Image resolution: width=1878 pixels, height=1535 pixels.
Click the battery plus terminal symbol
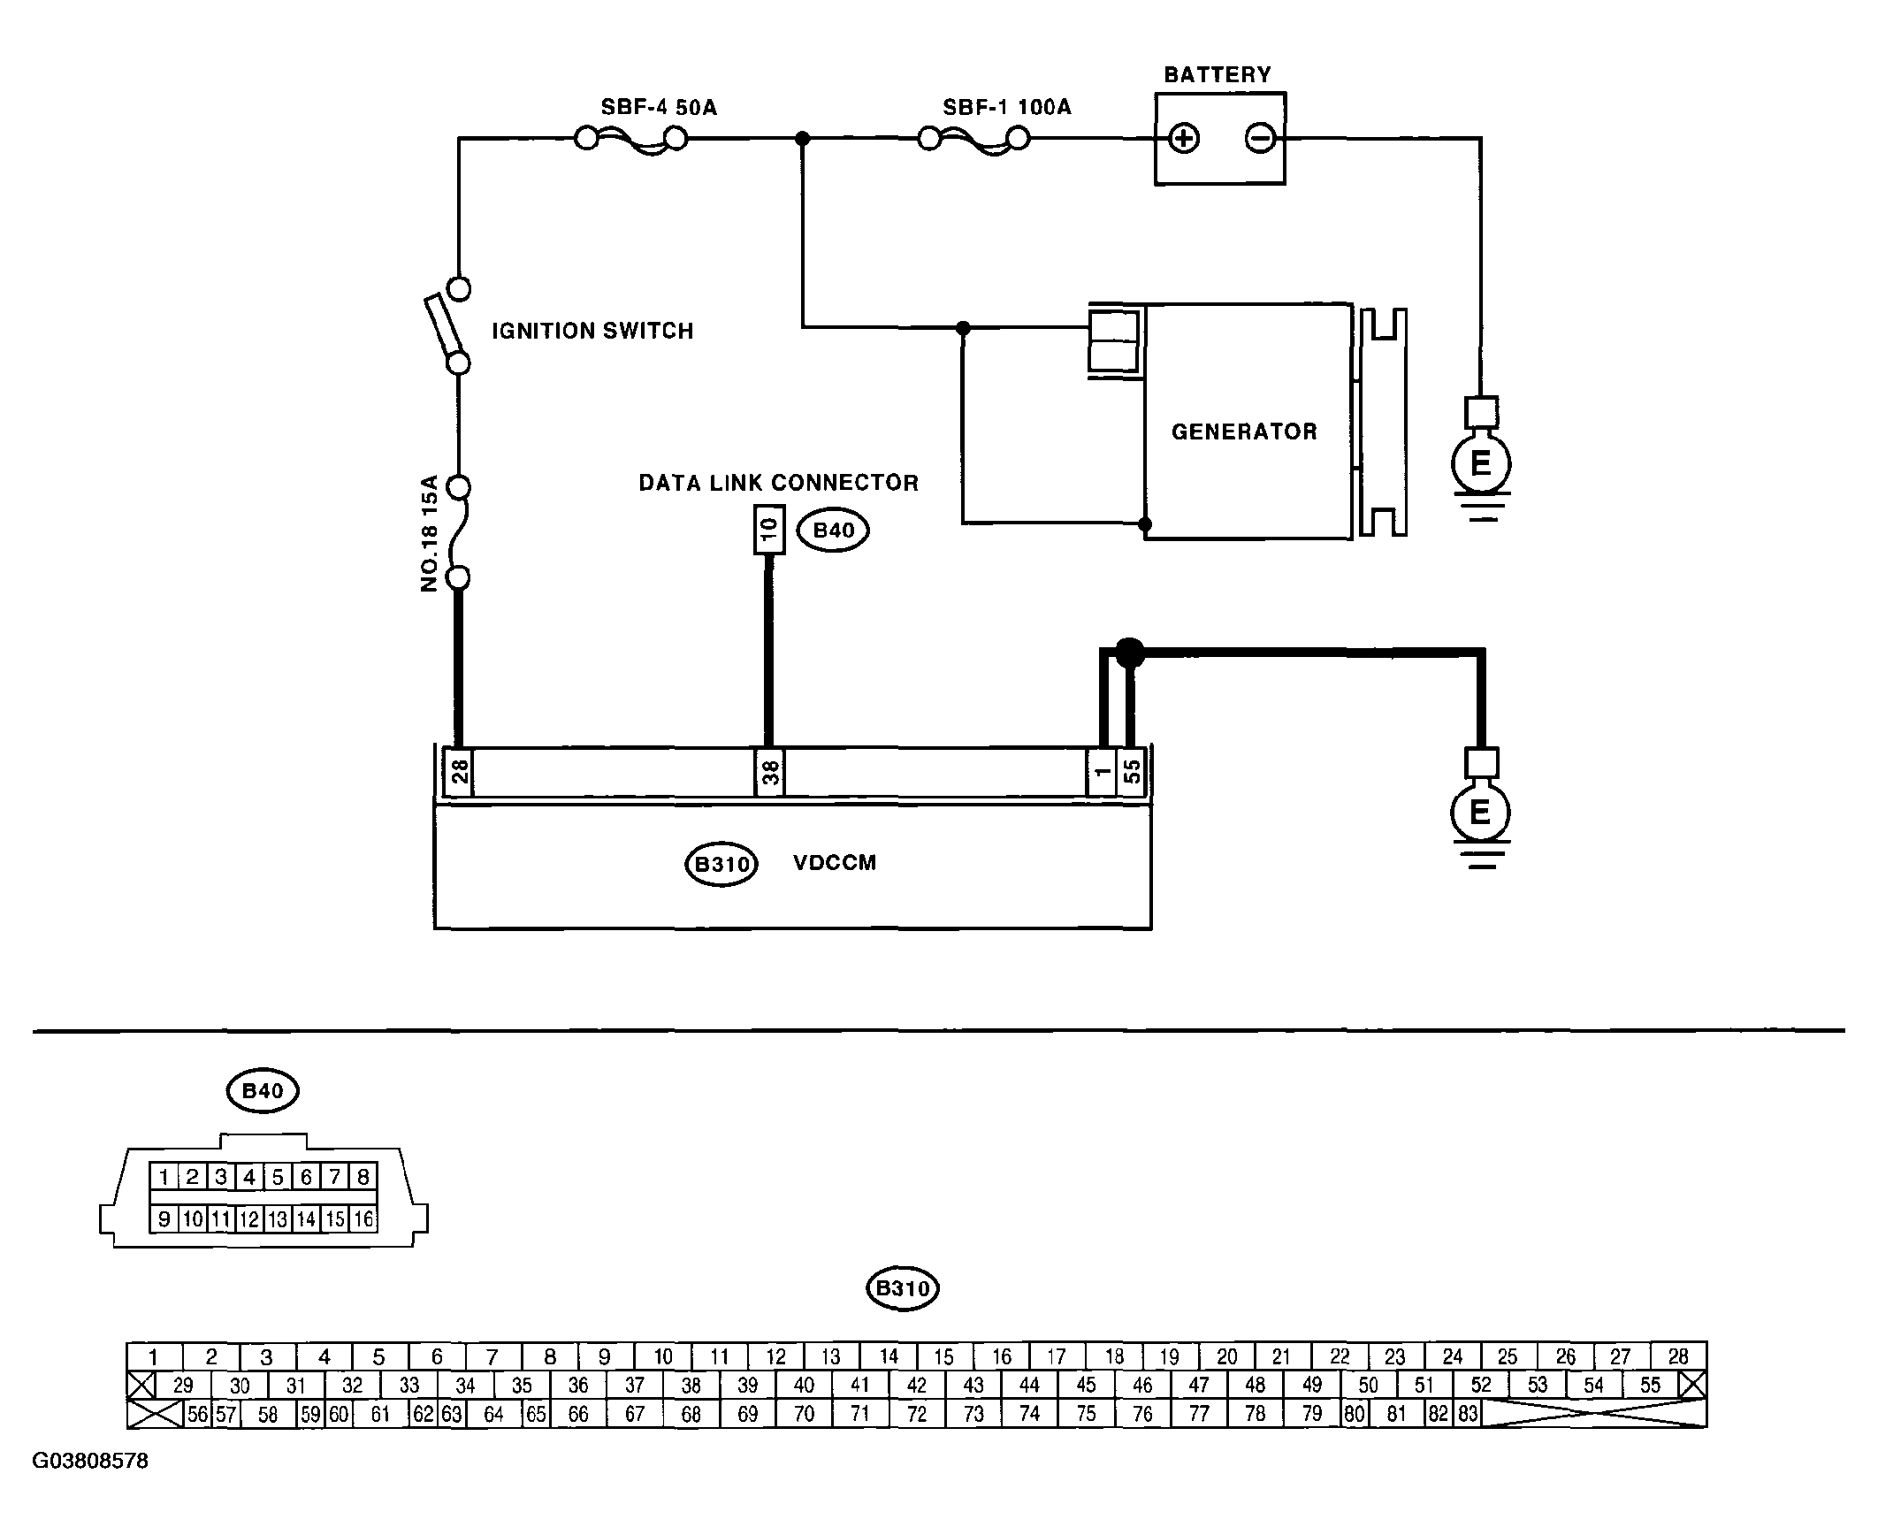[x=1183, y=139]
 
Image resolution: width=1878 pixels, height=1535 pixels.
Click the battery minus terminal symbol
[x=1260, y=139]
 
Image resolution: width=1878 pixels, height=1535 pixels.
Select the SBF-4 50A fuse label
[x=659, y=108]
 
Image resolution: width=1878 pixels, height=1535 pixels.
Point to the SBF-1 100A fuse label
[x=1007, y=108]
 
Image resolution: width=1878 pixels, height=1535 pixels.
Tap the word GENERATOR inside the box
[x=1244, y=431]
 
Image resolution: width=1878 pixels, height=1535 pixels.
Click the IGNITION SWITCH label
[x=592, y=331]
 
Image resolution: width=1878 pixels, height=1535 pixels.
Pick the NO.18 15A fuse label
[x=430, y=533]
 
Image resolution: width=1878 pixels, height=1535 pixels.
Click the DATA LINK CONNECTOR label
[x=779, y=483]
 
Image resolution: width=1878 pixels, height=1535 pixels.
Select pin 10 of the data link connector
[x=769, y=530]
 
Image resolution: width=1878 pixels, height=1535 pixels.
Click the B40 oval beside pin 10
[x=833, y=531]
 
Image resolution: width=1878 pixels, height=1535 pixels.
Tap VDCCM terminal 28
[x=459, y=773]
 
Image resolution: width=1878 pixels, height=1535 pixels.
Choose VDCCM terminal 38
[x=770, y=773]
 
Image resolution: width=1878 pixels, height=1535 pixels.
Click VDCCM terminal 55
[x=1132, y=773]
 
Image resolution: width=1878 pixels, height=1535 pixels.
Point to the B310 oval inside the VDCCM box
[x=722, y=864]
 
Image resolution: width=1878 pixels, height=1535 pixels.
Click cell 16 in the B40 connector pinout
[x=363, y=1219]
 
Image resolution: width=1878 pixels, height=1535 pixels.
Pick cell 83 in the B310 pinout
[x=1468, y=1413]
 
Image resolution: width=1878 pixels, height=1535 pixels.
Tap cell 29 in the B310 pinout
[x=183, y=1385]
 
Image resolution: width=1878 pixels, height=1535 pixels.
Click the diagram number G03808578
[x=90, y=1460]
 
